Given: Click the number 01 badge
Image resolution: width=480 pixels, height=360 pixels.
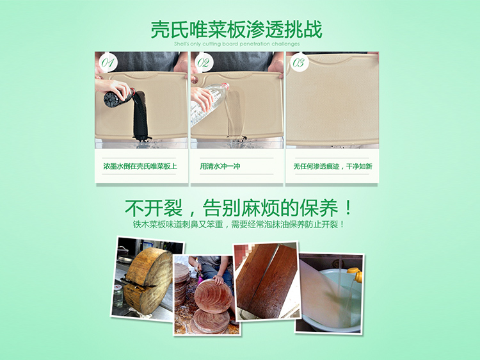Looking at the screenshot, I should point(108,63).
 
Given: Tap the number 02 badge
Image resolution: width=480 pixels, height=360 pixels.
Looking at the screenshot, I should point(203,63).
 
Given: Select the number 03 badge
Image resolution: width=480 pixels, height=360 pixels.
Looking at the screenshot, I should point(298,63).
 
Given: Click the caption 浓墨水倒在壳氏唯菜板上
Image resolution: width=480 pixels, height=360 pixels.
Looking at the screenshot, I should point(140,167).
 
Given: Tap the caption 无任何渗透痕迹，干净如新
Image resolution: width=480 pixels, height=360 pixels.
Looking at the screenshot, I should point(332,167).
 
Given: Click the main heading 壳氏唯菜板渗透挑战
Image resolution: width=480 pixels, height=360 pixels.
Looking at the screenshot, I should point(236,29).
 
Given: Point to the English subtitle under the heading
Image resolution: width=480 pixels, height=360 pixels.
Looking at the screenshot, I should point(236,44).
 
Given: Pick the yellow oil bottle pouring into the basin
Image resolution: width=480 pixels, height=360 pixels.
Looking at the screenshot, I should point(354,275).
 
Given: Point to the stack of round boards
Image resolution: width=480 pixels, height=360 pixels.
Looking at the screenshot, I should point(183,288).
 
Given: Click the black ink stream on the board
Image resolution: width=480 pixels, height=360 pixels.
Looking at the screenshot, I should point(140,115).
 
